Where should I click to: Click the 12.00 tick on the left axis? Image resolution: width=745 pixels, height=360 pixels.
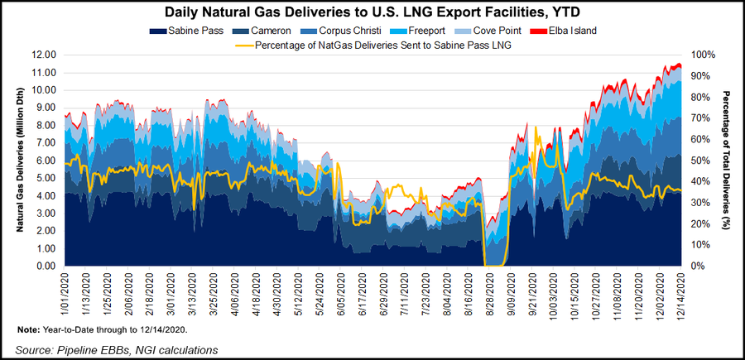42,55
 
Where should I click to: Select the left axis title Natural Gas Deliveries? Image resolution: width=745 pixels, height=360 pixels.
19,161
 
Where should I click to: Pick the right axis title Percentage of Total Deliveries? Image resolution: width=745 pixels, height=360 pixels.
726,161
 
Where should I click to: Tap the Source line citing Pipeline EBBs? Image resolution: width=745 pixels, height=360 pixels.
117,350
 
